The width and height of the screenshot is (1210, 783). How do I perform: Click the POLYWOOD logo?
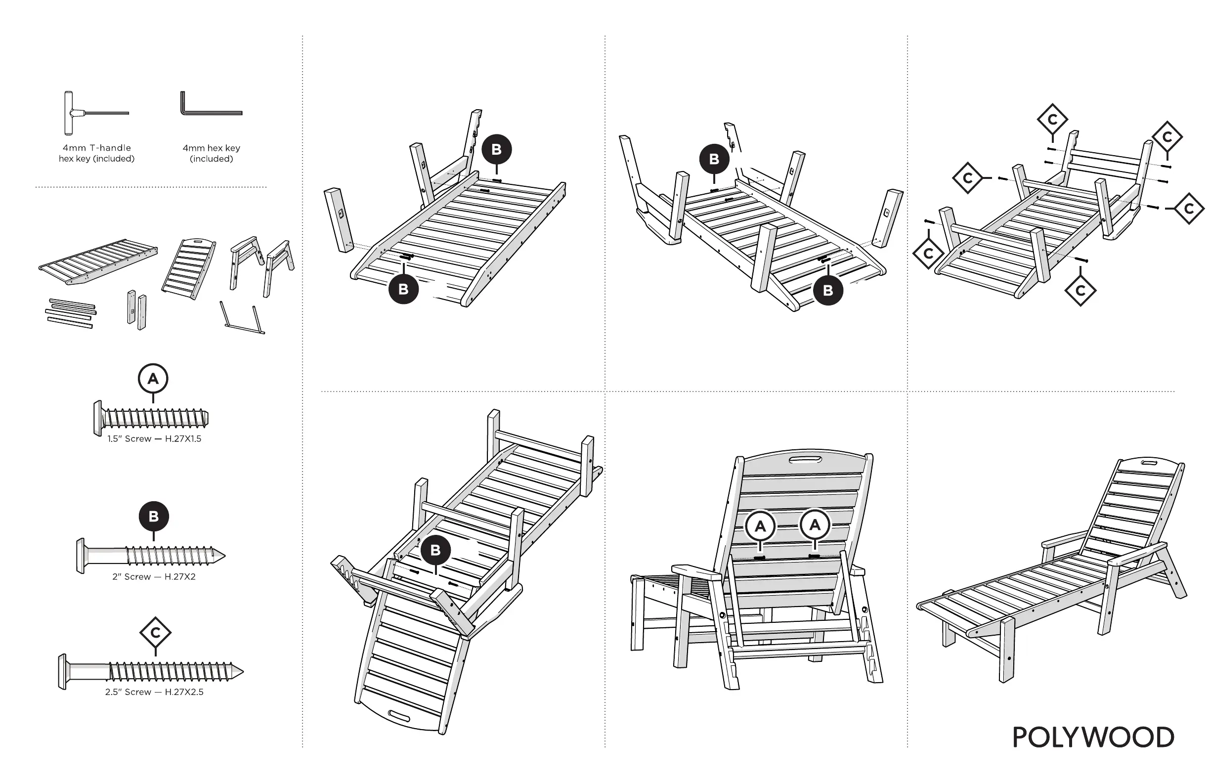1093,737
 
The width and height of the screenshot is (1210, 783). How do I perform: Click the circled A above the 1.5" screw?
153,379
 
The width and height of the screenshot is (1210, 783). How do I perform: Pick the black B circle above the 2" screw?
154,517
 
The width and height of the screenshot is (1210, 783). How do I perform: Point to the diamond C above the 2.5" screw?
155,633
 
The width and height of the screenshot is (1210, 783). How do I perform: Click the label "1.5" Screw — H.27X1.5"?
154,439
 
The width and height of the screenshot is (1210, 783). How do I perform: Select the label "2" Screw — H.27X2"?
154,576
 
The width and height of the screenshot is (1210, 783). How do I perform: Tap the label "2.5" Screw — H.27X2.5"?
154,692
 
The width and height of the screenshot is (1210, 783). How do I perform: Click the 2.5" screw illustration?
150,672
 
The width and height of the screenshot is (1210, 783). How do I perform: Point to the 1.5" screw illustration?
151,419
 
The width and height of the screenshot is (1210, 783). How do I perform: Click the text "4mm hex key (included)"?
211,153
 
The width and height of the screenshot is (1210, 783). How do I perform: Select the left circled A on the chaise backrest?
760,526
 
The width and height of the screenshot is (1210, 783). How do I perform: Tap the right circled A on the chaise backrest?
815,524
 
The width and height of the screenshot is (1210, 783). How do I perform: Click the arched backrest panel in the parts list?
188,267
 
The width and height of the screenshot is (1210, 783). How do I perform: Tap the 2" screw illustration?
150,556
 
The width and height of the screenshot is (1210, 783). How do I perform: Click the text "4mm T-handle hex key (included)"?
96,153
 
